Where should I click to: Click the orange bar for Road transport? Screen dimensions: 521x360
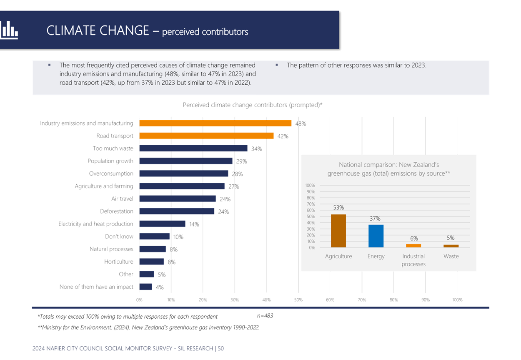point(207,136)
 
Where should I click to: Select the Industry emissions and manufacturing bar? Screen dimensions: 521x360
point(215,123)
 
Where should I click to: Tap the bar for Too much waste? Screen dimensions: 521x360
point(193,149)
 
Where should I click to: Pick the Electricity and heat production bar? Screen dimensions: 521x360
point(163,224)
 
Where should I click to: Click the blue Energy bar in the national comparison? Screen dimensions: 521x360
point(376,236)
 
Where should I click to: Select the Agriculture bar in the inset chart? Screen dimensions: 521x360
point(338,231)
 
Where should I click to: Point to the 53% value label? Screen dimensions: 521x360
point(338,207)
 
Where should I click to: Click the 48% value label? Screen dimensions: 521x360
point(301,123)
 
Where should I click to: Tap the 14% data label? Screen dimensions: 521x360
point(194,224)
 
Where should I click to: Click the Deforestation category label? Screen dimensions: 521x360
point(117,211)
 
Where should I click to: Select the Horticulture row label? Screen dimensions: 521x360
point(119,262)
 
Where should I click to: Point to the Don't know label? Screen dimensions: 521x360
point(119,237)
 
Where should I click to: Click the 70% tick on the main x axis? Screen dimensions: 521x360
point(362,300)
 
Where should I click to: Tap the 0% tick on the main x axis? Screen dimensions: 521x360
point(139,300)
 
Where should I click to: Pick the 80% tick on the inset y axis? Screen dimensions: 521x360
point(311,198)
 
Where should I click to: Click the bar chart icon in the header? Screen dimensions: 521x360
point(9,30)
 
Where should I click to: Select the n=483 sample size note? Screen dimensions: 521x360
point(265,316)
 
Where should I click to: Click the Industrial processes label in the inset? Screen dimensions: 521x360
point(413,260)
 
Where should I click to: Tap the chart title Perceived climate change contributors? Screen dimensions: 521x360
point(252,105)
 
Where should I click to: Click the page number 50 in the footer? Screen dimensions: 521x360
point(221,348)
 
